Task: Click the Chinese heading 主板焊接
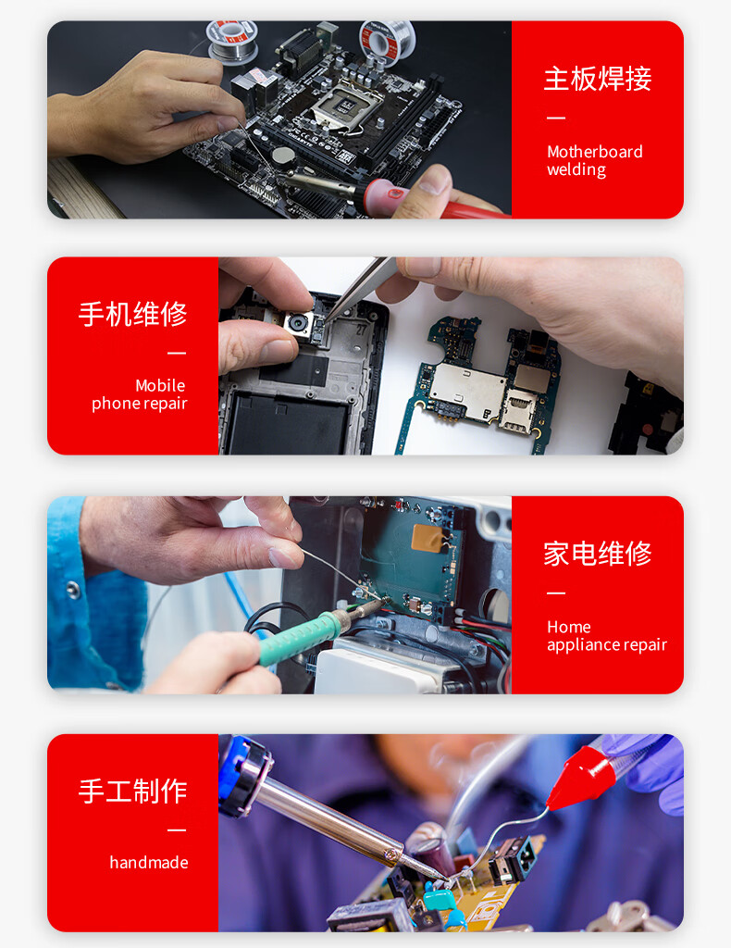coord(598,79)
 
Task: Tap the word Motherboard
coord(594,152)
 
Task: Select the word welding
coord(576,170)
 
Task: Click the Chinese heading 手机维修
coord(133,314)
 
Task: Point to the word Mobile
coord(160,386)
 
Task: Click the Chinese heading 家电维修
coord(598,554)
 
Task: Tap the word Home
coord(568,627)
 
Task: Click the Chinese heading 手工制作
coord(133,792)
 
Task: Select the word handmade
coord(149,862)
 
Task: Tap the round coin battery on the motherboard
coord(282,156)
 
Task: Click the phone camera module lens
coord(299,323)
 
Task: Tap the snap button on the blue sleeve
coord(73,589)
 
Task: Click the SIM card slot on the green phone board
coord(517,410)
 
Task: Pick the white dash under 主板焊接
coord(556,118)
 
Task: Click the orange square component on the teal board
coord(427,538)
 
